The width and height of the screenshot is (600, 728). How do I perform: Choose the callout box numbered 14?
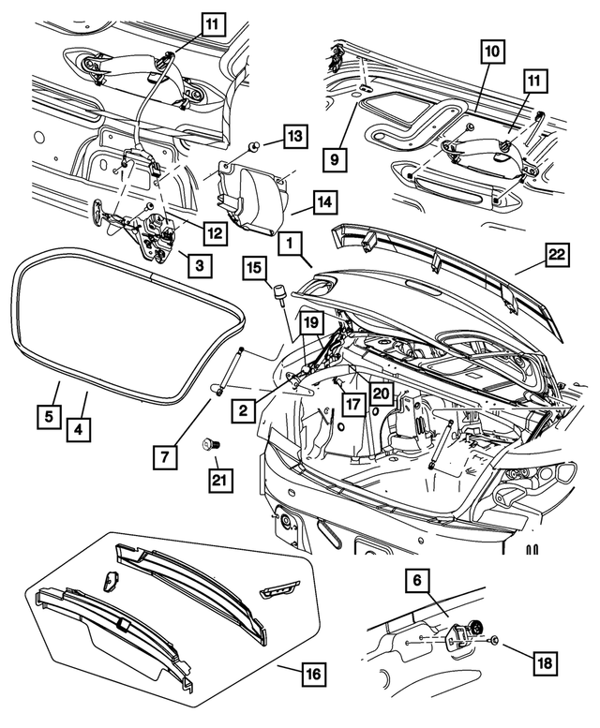click(x=324, y=201)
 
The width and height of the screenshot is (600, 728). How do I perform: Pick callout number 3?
click(x=197, y=265)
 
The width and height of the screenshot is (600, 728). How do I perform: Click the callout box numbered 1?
click(x=291, y=244)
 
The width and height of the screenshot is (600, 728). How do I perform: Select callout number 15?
click(x=255, y=268)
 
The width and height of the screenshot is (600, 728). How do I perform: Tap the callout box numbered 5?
click(x=44, y=413)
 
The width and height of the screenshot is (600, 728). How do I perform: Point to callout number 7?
click(x=166, y=457)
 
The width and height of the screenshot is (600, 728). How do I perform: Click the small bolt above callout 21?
click(x=209, y=441)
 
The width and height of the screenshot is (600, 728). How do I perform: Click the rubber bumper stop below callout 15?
click(x=277, y=295)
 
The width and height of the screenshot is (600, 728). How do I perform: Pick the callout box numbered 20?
click(x=381, y=394)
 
